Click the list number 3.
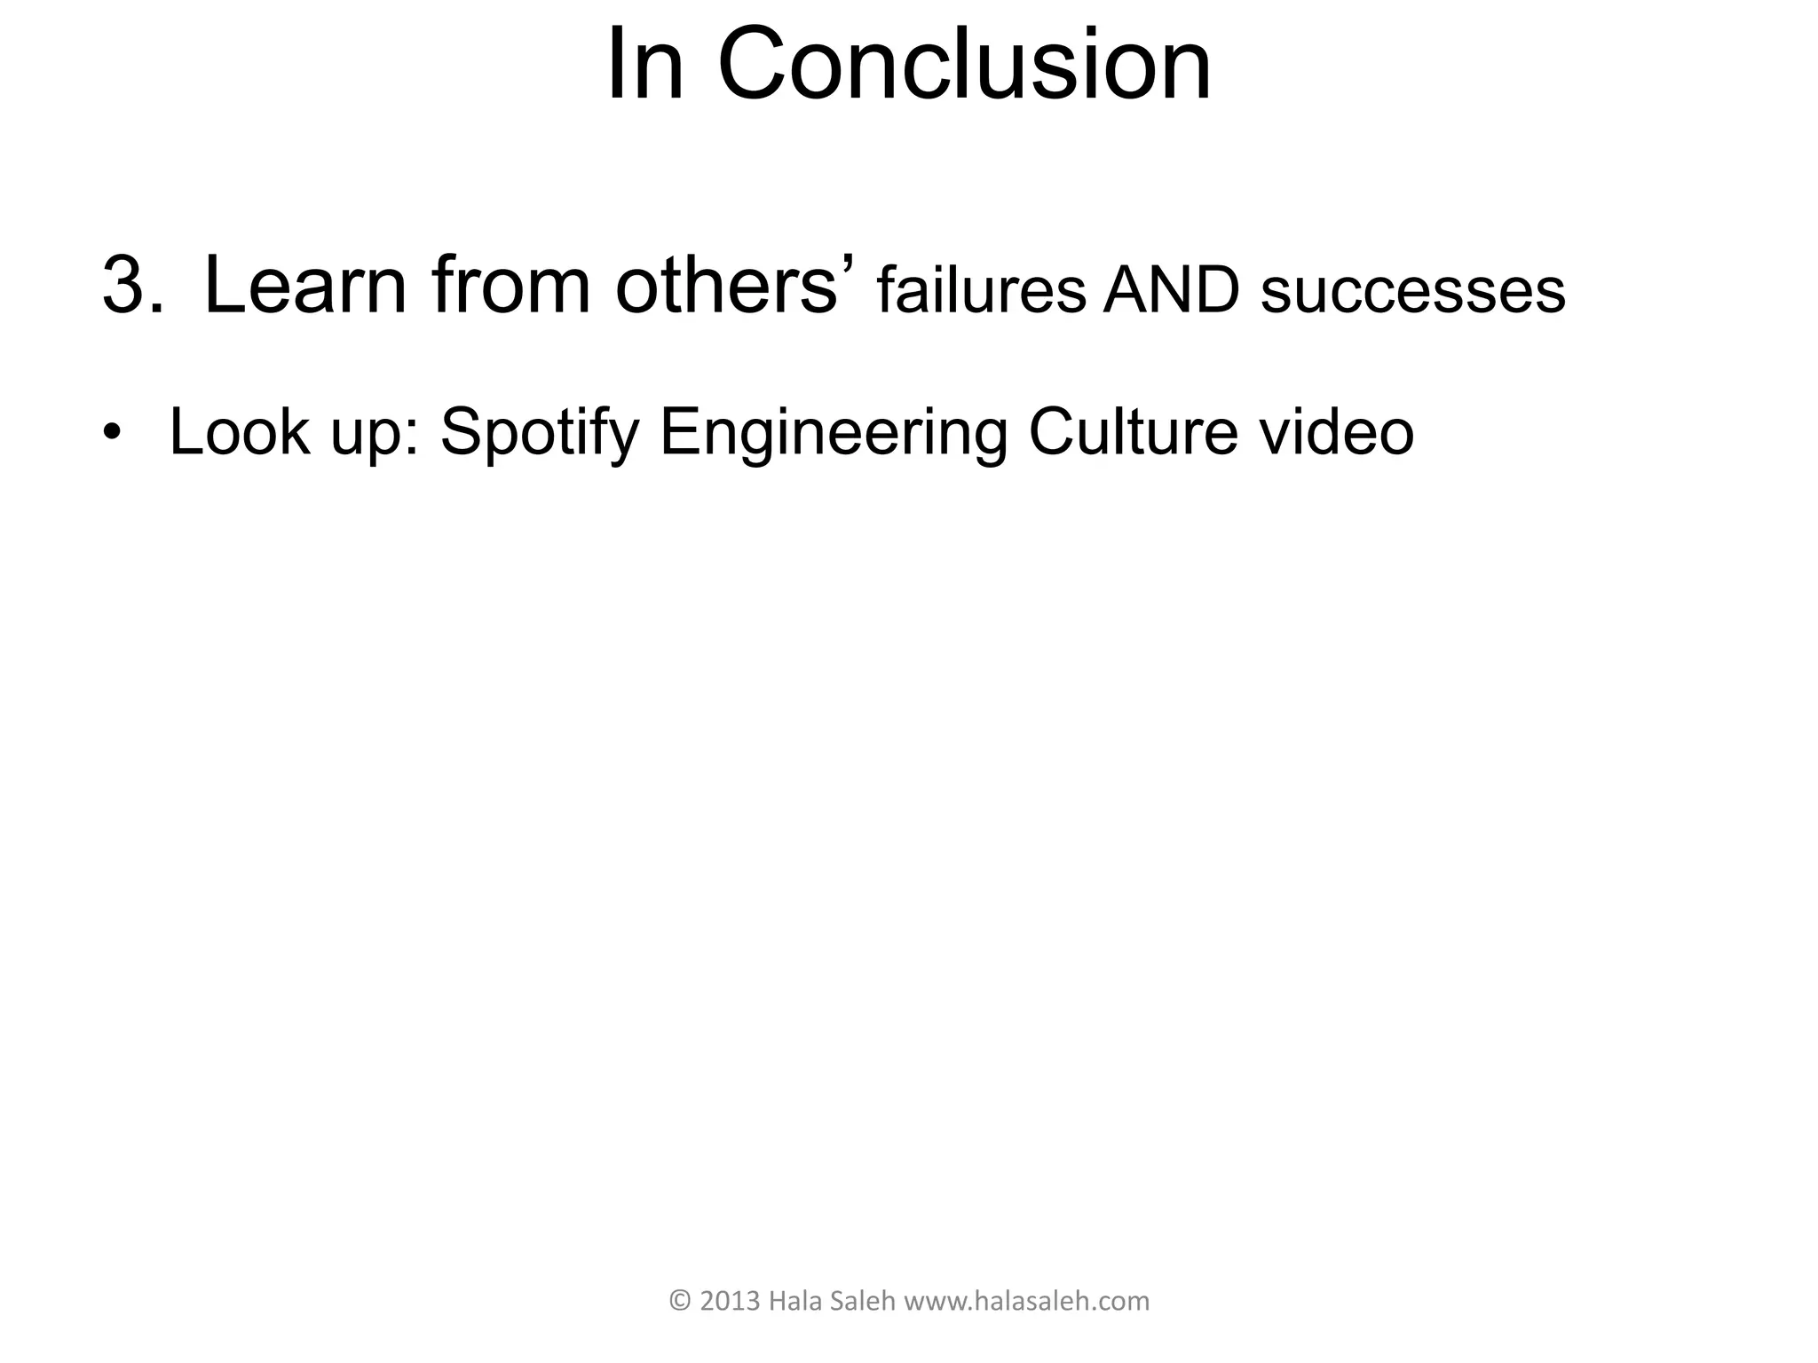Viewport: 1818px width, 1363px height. pyautogui.click(x=132, y=286)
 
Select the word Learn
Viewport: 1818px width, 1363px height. pyautogui.click(x=305, y=286)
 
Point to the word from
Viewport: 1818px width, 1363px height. pyautogui.click(x=511, y=286)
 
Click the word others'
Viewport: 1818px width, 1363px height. pyautogui.click(x=734, y=286)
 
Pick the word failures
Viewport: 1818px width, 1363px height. pyautogui.click(x=981, y=290)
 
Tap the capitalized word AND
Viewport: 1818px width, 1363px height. pyautogui.click(x=1171, y=290)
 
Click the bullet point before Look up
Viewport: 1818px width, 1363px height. pyautogui.click(x=111, y=432)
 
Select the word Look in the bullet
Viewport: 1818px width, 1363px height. pyautogui.click(x=240, y=432)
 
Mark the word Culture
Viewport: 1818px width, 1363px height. pyautogui.click(x=1133, y=432)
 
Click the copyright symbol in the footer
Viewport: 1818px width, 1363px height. pyautogui.click(x=679, y=1301)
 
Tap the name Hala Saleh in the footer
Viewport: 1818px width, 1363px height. pyautogui.click(x=832, y=1301)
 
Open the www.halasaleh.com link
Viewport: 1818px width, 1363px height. pyautogui.click(x=1026, y=1301)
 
